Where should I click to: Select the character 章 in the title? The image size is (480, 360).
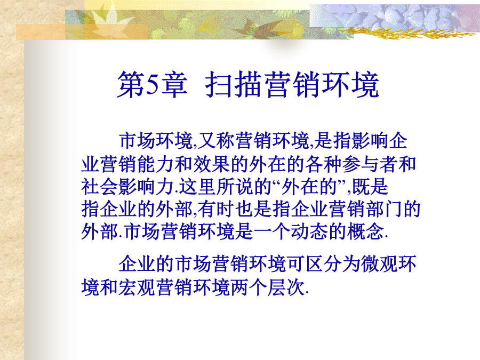(x=174, y=84)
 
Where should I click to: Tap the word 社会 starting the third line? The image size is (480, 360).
(x=100, y=187)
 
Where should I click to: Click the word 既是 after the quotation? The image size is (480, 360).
(x=370, y=187)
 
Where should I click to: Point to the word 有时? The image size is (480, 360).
(x=216, y=210)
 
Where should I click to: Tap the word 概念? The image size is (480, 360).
(x=365, y=231)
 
